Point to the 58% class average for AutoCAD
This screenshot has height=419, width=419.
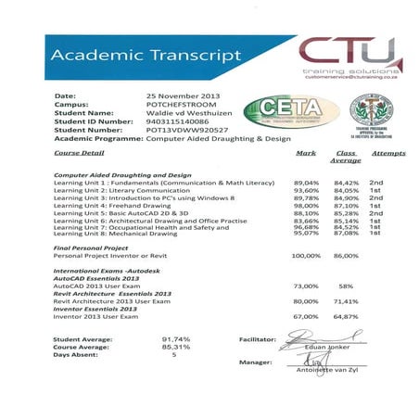click(x=346, y=286)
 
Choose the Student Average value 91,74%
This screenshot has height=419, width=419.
click(x=175, y=340)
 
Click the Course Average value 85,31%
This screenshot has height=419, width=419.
click(x=175, y=348)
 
